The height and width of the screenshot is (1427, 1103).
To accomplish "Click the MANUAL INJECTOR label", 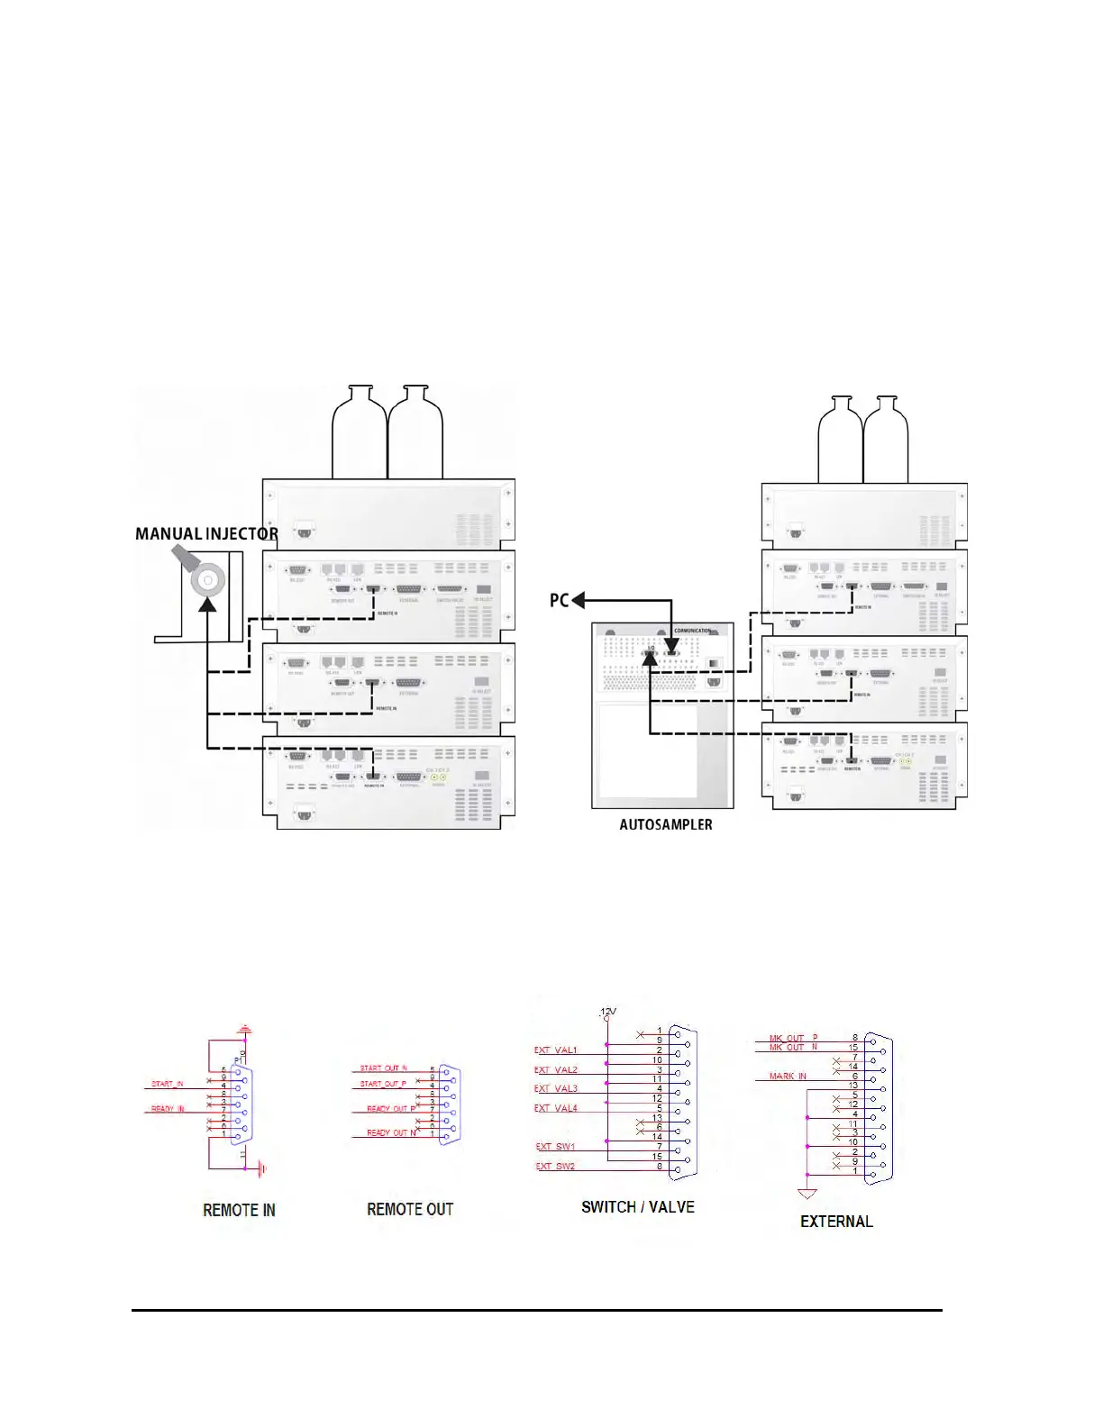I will pyautogui.click(x=206, y=533).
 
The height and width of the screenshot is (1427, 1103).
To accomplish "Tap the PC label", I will pyautogui.click(x=559, y=600).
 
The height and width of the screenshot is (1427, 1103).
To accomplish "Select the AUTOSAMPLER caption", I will pyautogui.click(x=665, y=824).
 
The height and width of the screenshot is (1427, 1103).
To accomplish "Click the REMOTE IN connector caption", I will pyautogui.click(x=239, y=1210).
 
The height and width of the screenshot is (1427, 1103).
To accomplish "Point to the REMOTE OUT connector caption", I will pyautogui.click(x=409, y=1209).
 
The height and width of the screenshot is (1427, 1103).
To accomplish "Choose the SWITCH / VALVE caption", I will pyautogui.click(x=637, y=1207).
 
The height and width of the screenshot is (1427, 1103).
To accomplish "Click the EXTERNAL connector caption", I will pyautogui.click(x=836, y=1222).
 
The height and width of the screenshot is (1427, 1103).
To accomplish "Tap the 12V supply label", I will pyautogui.click(x=608, y=1012).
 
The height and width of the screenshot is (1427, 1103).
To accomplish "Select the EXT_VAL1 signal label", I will pyautogui.click(x=555, y=1050).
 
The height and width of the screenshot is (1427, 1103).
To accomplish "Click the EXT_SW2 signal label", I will pyautogui.click(x=555, y=1167).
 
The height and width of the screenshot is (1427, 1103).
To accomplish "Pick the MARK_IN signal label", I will pyautogui.click(x=788, y=1077).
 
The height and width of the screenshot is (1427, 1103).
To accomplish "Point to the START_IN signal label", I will pyautogui.click(x=167, y=1084).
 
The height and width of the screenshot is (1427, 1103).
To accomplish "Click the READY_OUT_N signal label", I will pyautogui.click(x=391, y=1133).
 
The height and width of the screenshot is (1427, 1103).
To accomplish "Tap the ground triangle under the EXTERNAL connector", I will pyautogui.click(x=807, y=1194).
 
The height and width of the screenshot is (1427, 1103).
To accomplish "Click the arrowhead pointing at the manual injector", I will pyautogui.click(x=208, y=605).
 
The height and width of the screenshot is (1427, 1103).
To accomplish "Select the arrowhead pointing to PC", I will pyautogui.click(x=579, y=600).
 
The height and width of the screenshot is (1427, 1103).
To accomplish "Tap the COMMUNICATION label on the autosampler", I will pyautogui.click(x=692, y=631).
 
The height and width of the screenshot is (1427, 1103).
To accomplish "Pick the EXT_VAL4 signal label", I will pyautogui.click(x=555, y=1108).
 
